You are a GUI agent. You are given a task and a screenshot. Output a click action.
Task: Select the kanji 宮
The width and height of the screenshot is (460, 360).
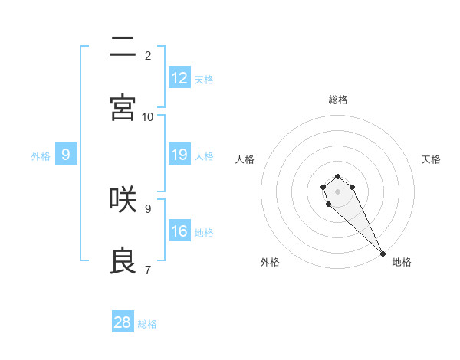pyautogui.click(x=123, y=107)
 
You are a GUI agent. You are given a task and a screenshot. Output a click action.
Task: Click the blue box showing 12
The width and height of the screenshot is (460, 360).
pyautogui.click(x=179, y=78)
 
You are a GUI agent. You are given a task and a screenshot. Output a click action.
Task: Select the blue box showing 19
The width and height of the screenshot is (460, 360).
pyautogui.click(x=179, y=155)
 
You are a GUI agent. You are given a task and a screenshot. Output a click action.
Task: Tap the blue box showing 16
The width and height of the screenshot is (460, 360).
pyautogui.click(x=179, y=231)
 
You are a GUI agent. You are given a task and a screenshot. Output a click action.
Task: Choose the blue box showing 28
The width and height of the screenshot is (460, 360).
pyautogui.click(x=123, y=322)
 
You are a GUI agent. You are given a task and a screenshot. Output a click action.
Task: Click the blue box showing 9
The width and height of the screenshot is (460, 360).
pyautogui.click(x=66, y=155)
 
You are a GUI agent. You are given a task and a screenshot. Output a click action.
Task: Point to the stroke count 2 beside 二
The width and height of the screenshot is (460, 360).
pyautogui.click(x=148, y=55)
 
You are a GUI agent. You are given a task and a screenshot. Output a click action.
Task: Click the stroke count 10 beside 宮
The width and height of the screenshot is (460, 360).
pyautogui.click(x=148, y=116)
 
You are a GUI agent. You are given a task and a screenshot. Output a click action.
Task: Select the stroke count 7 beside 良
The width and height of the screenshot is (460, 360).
pyautogui.click(x=148, y=270)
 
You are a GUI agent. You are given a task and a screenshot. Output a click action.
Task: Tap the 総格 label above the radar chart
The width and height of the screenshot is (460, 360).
pyautogui.click(x=338, y=100)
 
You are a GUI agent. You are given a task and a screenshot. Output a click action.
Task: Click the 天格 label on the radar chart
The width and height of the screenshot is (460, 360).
pyautogui.click(x=431, y=159)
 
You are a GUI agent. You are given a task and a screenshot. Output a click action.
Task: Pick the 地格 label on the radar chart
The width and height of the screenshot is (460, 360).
pyautogui.click(x=402, y=262)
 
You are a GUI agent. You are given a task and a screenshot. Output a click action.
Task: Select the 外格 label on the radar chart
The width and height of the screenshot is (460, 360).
pyautogui.click(x=270, y=262)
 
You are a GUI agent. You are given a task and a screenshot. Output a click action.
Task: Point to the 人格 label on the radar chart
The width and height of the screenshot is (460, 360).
pyautogui.click(x=245, y=159)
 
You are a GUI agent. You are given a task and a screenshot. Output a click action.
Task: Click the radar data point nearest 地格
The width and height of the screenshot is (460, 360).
pyautogui.click(x=383, y=253)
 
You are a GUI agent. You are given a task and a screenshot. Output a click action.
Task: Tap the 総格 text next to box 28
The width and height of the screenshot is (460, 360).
pyautogui.click(x=147, y=323)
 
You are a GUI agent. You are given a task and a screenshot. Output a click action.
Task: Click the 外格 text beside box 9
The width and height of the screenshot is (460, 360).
pyautogui.click(x=41, y=155)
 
